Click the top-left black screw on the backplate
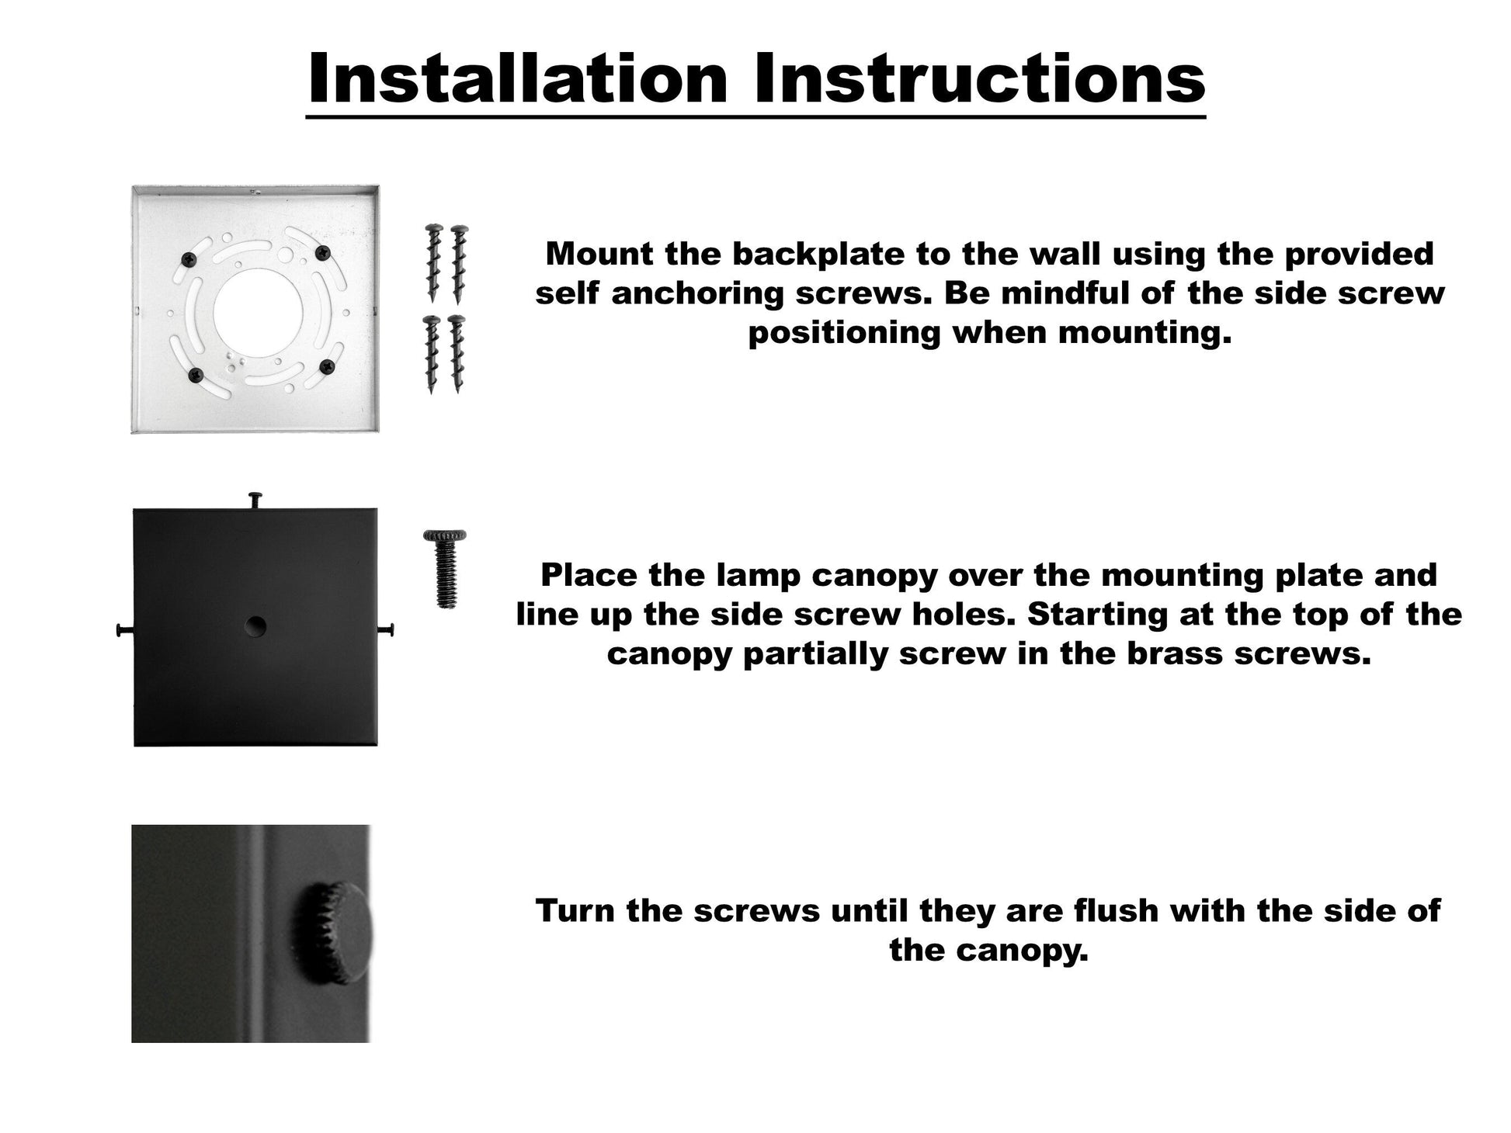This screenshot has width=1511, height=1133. click(188, 259)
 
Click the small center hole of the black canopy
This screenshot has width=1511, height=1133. click(255, 626)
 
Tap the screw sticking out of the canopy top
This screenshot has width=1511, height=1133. click(255, 501)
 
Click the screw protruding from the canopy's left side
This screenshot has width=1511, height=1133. click(125, 630)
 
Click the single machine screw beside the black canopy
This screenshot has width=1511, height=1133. click(445, 568)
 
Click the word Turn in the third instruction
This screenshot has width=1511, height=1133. click(575, 910)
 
